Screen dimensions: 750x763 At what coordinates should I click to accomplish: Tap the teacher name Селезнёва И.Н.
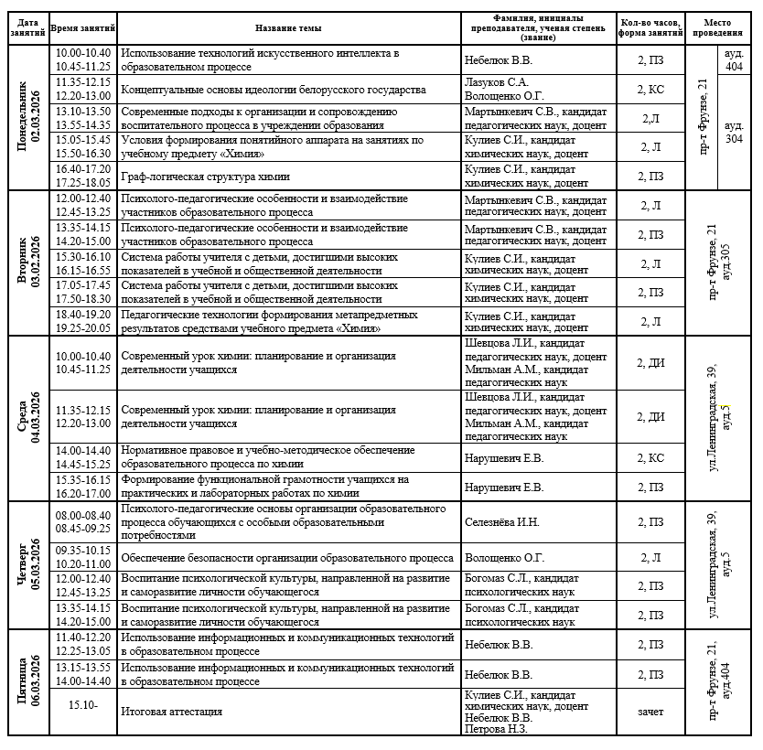click(501, 522)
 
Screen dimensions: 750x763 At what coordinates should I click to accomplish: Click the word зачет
click(651, 712)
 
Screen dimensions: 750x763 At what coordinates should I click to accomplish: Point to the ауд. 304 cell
click(733, 132)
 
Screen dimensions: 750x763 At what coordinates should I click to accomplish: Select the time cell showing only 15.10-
click(82, 705)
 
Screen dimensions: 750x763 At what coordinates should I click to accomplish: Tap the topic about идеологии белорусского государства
click(274, 90)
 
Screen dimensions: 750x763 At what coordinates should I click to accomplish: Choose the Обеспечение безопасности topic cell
click(287, 558)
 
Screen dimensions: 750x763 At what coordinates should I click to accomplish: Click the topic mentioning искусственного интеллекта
click(260, 60)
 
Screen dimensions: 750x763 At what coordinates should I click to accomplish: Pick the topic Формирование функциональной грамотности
click(265, 486)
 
